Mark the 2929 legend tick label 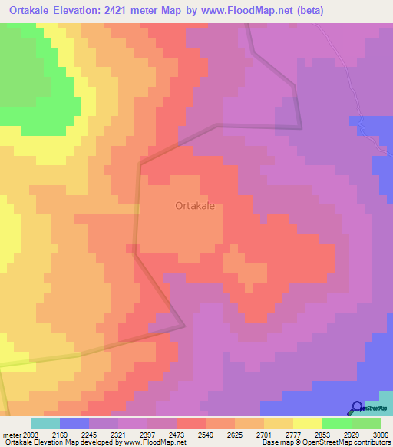pos(352,434)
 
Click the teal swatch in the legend pos(45,423)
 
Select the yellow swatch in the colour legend pos(308,423)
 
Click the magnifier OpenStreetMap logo pos(357,408)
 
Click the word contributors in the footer pos(371,442)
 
